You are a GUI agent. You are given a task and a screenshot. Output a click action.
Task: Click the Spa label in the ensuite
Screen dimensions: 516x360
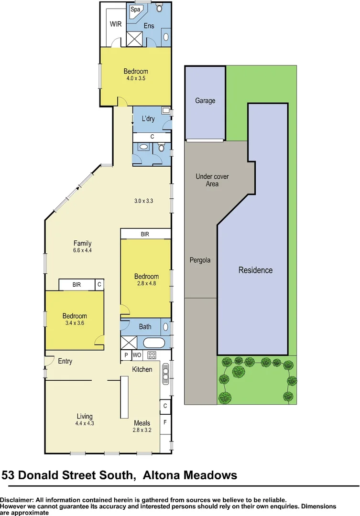(x=136, y=10)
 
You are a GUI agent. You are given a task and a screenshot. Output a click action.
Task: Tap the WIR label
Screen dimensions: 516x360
(x=116, y=24)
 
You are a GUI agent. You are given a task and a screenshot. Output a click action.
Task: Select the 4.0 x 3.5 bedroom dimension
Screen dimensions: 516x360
(x=136, y=79)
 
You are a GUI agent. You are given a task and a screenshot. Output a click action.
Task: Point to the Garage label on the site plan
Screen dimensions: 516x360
(x=205, y=101)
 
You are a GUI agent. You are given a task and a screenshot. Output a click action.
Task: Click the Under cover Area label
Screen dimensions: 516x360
(x=212, y=180)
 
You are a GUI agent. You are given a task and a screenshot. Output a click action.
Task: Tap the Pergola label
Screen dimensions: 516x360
(x=200, y=260)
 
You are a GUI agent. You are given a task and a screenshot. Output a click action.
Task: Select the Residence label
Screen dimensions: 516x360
(x=255, y=270)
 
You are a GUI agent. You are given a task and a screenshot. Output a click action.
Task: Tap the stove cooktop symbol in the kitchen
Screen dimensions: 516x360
(x=152, y=355)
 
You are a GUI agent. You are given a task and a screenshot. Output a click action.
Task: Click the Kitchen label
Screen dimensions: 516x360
(x=142, y=369)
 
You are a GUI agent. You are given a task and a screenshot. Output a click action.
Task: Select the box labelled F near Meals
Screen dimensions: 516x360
(x=165, y=422)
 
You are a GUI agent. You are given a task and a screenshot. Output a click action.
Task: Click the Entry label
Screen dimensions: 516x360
(x=65, y=361)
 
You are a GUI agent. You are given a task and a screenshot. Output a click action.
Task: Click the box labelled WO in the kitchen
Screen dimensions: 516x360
(x=137, y=355)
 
